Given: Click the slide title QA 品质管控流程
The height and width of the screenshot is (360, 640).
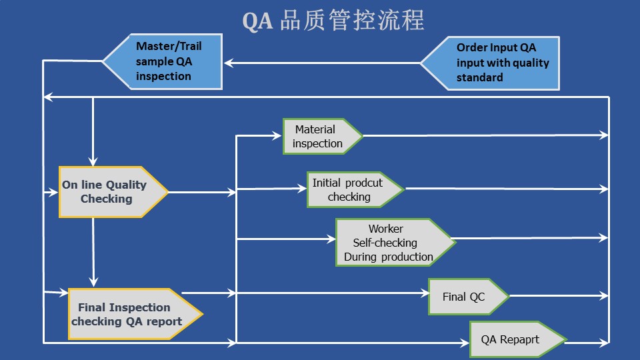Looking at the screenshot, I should pyautogui.click(x=333, y=21).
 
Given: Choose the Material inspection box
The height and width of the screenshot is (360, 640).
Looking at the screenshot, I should pyautogui.click(x=320, y=137).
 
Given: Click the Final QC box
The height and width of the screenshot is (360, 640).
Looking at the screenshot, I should pyautogui.click(x=466, y=296).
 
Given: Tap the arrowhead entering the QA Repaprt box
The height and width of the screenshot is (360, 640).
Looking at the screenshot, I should pyautogui.click(x=465, y=343).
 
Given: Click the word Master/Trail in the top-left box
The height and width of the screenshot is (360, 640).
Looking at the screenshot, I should pyautogui.click(x=169, y=47).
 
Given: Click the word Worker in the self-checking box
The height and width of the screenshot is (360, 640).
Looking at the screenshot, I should pyautogui.click(x=385, y=229).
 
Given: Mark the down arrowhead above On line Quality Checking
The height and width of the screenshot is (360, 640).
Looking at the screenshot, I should pyautogui.click(x=93, y=161).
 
